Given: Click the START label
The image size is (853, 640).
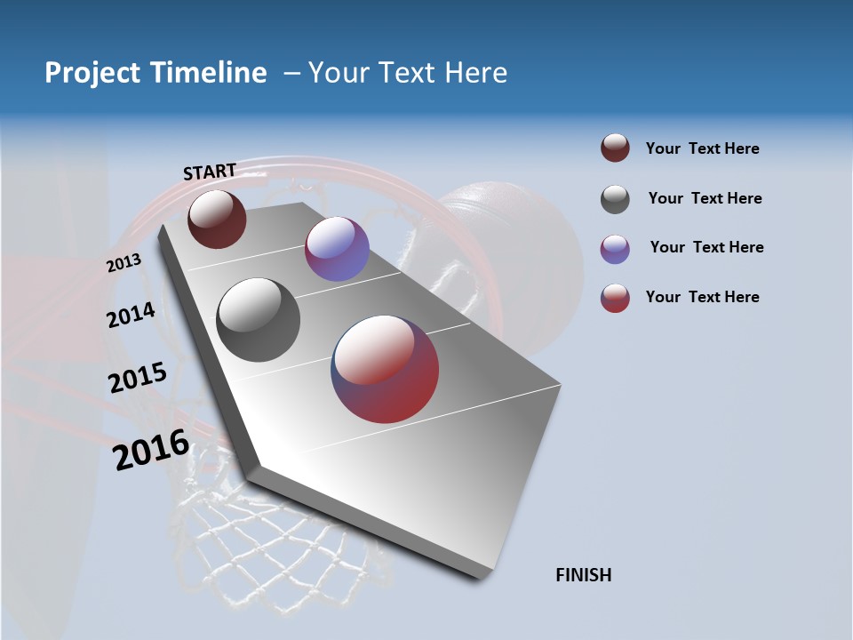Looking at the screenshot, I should click(210, 172).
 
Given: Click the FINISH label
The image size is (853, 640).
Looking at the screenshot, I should click(584, 575).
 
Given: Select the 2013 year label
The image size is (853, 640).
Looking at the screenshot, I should click(124, 263).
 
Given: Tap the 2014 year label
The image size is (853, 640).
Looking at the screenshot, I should click(131, 315).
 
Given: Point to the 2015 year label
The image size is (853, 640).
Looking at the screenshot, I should click(138, 378).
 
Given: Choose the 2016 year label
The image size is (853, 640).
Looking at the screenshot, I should click(150, 450).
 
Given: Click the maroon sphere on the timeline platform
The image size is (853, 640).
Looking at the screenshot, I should click(217, 219).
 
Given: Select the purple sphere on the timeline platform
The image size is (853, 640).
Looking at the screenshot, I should click(337, 249).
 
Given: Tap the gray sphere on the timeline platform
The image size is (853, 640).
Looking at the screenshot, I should click(258, 319).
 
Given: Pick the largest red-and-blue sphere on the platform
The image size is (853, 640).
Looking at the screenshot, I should click(385, 369).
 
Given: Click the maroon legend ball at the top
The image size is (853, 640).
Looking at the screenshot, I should click(615, 148).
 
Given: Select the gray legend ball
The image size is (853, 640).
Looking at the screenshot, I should click(615, 199).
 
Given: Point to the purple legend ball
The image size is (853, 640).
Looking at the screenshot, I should click(615, 249).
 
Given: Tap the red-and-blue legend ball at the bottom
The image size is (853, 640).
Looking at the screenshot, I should click(615, 298).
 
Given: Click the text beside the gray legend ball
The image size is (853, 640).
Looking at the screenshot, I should click(705, 198).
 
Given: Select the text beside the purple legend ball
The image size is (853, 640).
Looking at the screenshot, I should click(706, 247).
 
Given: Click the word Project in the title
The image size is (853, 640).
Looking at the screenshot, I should click(92, 73).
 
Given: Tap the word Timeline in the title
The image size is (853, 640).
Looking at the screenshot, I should click(210, 73).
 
